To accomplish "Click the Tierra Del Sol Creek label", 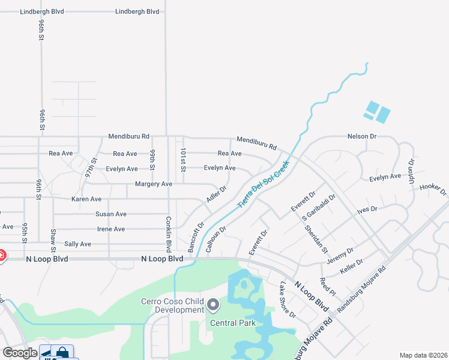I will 263,184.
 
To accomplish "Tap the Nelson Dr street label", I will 361,136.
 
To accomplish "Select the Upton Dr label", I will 412,172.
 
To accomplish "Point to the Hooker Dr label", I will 433,190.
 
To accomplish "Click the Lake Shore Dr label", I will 288,299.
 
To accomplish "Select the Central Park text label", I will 233,323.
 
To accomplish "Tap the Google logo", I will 20,352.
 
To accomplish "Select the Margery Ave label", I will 154,184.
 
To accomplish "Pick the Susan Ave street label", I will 111,214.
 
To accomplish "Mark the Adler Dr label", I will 217,193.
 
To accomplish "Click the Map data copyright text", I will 423,355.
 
